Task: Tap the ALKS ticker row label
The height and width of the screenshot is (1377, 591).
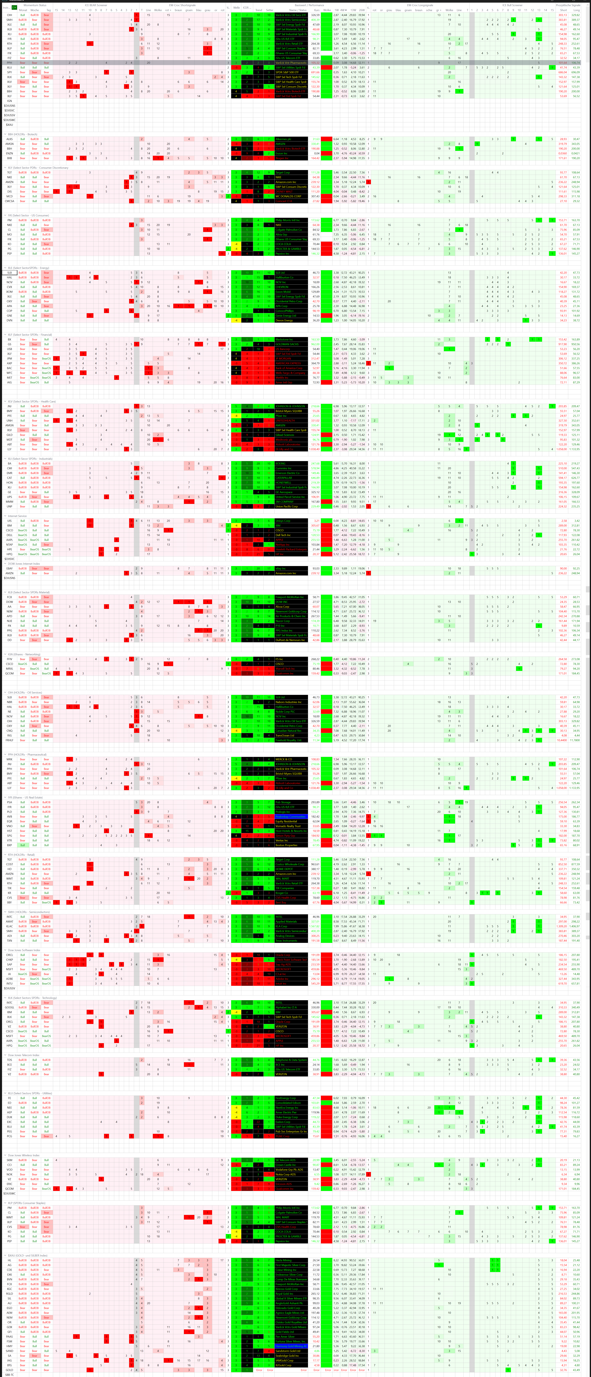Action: point(9,139)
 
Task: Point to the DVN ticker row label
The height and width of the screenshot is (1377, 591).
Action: point(9,320)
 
